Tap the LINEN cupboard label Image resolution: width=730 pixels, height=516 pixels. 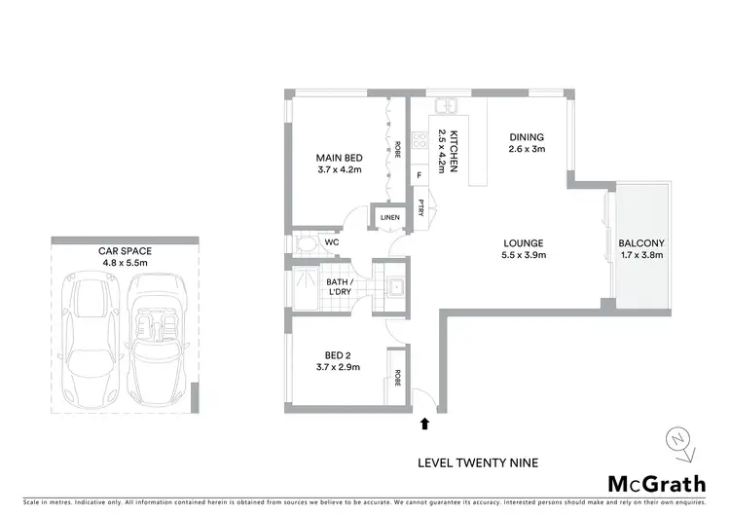(x=389, y=217)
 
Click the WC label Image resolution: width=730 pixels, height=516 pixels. (x=332, y=241)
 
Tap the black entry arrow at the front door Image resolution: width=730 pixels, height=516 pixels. (x=424, y=424)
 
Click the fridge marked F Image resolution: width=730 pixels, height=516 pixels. (x=420, y=175)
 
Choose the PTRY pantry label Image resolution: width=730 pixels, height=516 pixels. (x=420, y=206)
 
